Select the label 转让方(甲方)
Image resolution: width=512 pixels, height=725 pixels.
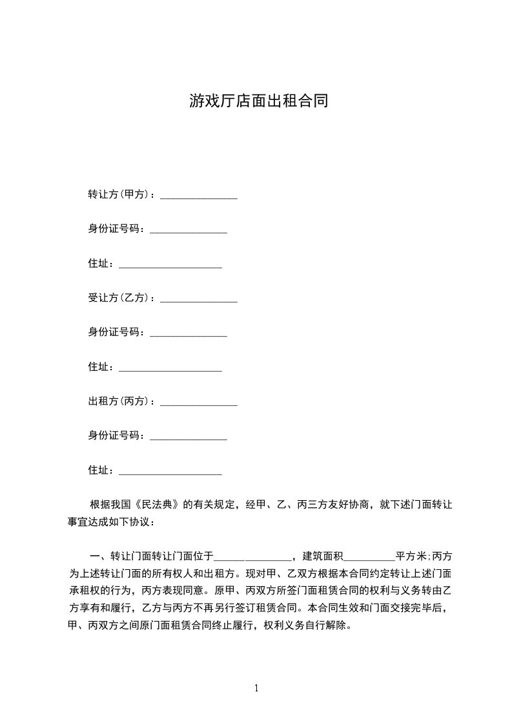point(120,194)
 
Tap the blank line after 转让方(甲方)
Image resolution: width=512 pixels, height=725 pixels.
point(198,195)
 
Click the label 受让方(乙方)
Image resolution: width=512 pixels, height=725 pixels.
point(120,298)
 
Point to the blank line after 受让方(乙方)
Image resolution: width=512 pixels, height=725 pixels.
point(198,299)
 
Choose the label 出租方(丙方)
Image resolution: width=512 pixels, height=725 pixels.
point(120,401)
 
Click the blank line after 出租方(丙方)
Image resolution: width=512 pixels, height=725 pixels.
point(198,403)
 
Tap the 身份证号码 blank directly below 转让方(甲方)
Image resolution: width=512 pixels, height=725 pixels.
point(188,229)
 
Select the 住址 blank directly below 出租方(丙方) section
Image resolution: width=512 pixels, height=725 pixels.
point(170,472)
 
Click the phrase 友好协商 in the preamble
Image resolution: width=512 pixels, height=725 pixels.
point(348,505)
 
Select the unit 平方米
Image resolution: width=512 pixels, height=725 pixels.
point(411,556)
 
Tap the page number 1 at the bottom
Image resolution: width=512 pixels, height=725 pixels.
point(256,688)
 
